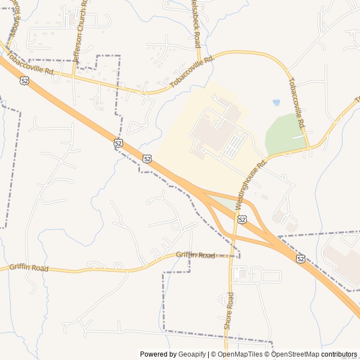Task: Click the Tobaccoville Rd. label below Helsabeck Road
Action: pos(192,71)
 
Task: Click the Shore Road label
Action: pos(228,310)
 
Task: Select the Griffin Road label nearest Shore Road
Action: pos(195,255)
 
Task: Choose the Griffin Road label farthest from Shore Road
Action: pos(29,268)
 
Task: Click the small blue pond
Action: pos(276,103)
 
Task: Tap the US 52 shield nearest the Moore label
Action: pos(24,81)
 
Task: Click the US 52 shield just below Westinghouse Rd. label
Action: pos(241,219)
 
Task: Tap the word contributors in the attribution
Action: pos(339,354)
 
